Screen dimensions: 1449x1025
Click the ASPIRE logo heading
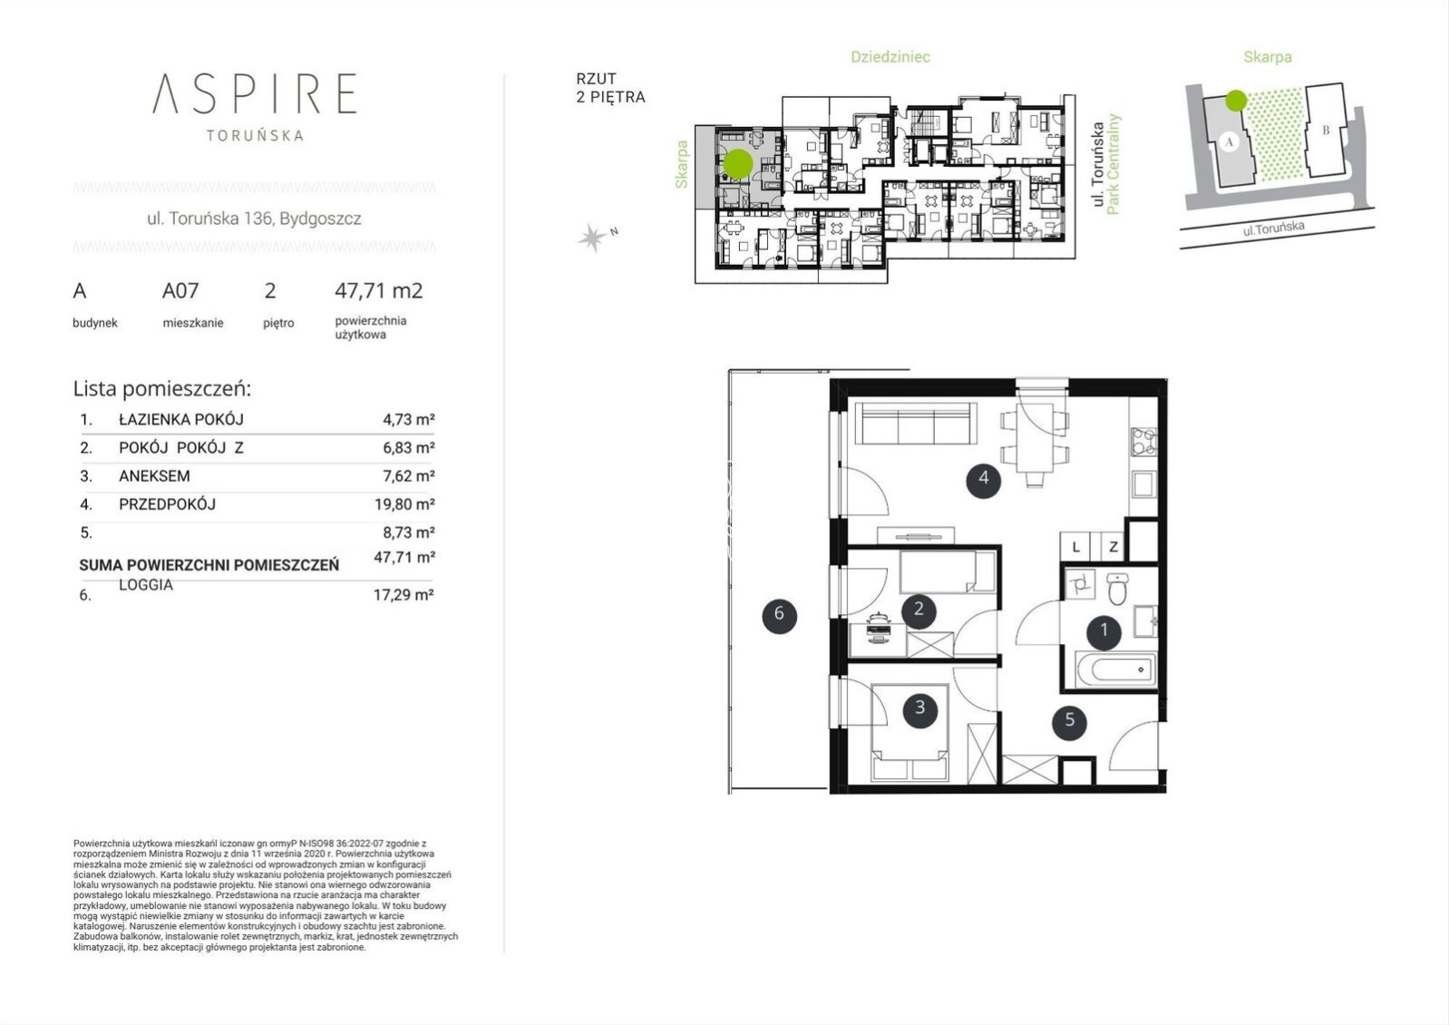pyautogui.click(x=254, y=93)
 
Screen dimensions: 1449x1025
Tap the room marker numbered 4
pyautogui.click(x=983, y=480)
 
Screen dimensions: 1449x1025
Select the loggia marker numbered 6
pyautogui.click(x=779, y=615)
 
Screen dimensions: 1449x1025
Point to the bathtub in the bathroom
pyautogui.click(x=1116, y=669)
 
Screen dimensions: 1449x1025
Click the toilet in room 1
pyautogui.click(x=1116, y=588)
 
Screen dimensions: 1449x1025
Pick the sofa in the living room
pyautogui.click(x=916, y=423)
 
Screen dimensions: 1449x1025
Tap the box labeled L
pyautogui.click(x=1075, y=547)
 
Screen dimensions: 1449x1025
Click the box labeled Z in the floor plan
pyautogui.click(x=1113, y=547)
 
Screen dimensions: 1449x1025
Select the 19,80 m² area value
pyautogui.click(x=404, y=504)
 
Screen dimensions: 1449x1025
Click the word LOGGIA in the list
pyautogui.click(x=146, y=585)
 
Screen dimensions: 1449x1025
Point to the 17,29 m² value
pyautogui.click(x=404, y=595)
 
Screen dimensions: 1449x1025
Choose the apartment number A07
pyautogui.click(x=180, y=290)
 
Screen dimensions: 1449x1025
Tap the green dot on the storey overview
pyautogui.click(x=737, y=163)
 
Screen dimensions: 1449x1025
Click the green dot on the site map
pyautogui.click(x=1236, y=101)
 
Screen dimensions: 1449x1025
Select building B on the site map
pyautogui.click(x=1326, y=130)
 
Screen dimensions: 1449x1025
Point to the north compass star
pyautogui.click(x=592, y=238)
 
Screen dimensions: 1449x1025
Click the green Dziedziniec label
pyautogui.click(x=890, y=57)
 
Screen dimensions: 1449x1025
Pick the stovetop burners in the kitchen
pyautogui.click(x=1143, y=442)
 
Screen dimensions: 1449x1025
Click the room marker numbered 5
pyautogui.click(x=1069, y=720)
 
